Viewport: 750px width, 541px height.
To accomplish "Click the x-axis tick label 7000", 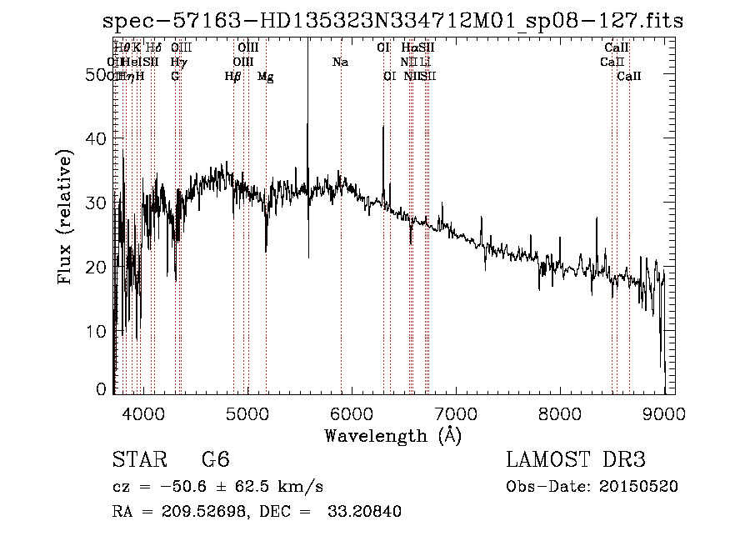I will [x=456, y=413].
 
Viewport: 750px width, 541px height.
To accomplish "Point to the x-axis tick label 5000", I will [x=246, y=413].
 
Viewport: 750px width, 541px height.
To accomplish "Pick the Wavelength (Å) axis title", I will [x=392, y=435].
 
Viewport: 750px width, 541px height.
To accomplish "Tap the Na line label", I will [x=340, y=63].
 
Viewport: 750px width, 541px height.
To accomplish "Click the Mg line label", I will [x=266, y=77].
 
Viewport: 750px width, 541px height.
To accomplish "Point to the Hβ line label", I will [x=233, y=77].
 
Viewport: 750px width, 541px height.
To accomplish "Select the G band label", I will [x=175, y=77].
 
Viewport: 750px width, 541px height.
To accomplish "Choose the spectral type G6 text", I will [x=215, y=460].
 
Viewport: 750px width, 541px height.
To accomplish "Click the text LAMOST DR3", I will [x=576, y=460].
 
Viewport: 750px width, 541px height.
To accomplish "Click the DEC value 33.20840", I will [x=364, y=512].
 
